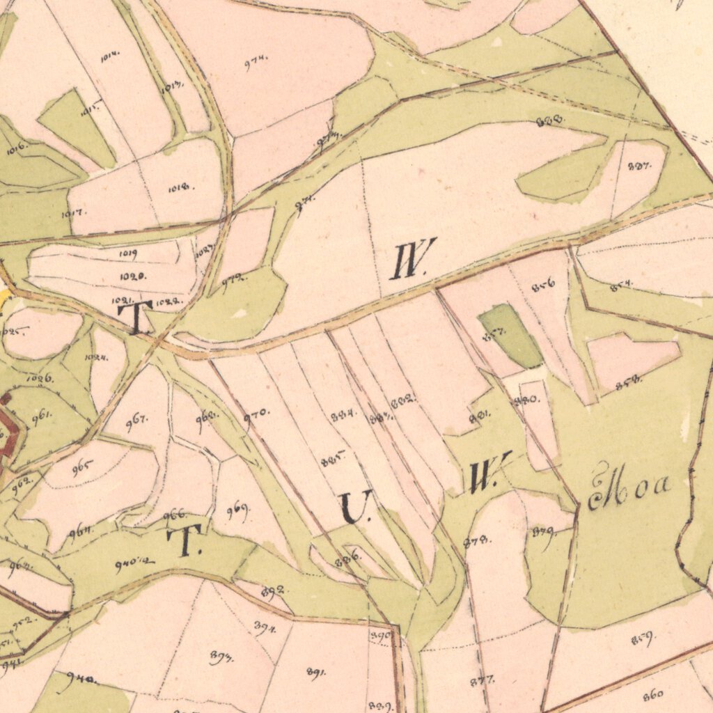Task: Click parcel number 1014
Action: click(109, 58)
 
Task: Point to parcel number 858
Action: click(628, 379)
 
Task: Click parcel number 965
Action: click(82, 465)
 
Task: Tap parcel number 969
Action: click(238, 512)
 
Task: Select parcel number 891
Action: click(316, 672)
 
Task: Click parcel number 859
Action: click(641, 639)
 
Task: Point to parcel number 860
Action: click(653, 694)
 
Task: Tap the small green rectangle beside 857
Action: click(510, 335)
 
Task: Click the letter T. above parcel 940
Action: click(185, 541)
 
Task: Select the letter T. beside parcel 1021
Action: click(135, 317)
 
